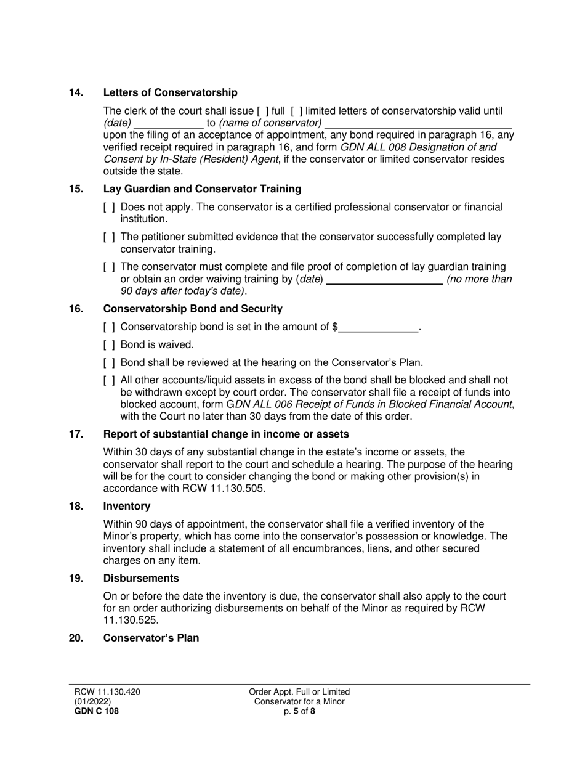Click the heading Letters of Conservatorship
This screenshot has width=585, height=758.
(170, 93)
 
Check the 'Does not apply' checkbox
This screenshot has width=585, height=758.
(109, 208)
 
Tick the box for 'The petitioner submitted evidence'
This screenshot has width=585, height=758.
(109, 237)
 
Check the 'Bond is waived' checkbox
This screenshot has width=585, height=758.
(109, 345)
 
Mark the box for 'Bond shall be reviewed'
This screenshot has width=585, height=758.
(109, 363)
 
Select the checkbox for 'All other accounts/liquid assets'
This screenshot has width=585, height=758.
(109, 381)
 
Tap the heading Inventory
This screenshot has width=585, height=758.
(127, 507)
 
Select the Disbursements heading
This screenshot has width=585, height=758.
(141, 579)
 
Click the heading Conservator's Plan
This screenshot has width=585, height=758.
(151, 638)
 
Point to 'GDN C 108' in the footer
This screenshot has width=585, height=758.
(94, 711)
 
